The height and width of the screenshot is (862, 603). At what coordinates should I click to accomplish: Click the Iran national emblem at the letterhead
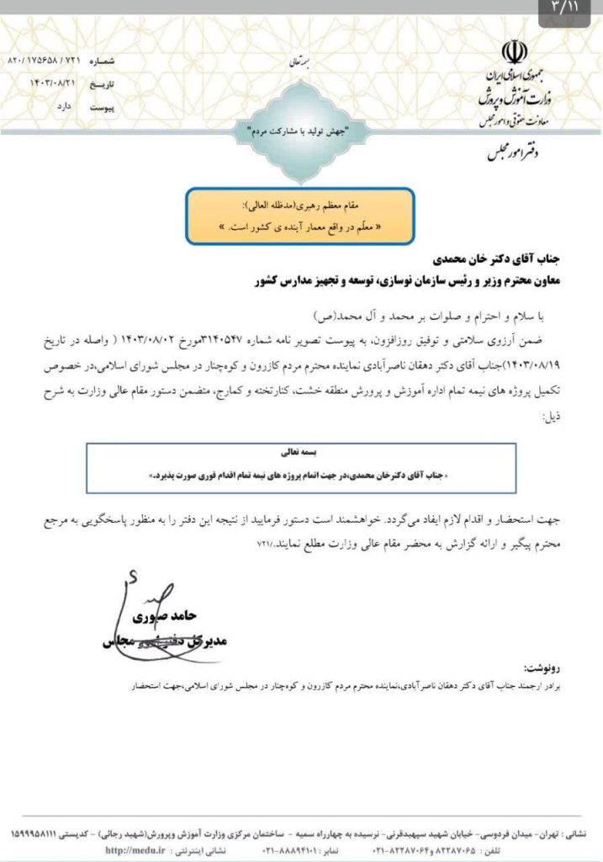[x=514, y=53]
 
